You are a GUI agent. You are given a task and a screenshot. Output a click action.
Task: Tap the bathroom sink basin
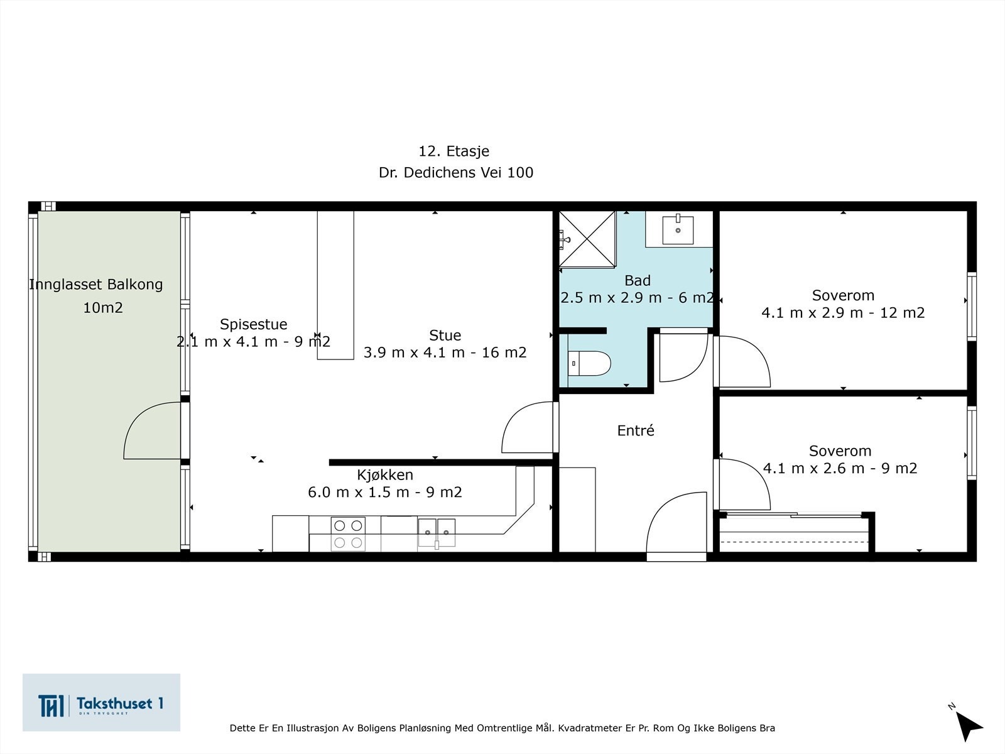click(678, 230)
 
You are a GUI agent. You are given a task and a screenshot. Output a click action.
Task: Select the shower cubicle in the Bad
click(587, 239)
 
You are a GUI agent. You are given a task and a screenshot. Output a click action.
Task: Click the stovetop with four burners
click(347, 534)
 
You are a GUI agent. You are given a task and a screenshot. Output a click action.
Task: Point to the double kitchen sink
click(437, 533)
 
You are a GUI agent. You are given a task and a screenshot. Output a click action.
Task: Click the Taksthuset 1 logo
click(101, 702)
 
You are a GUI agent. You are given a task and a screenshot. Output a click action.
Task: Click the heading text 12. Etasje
click(454, 151)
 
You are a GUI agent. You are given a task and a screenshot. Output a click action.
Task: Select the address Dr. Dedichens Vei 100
click(455, 172)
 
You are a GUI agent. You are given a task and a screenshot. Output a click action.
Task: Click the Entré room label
click(636, 430)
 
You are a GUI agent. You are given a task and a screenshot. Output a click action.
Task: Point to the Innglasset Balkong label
click(96, 284)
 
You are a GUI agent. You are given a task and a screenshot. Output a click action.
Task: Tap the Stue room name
click(445, 335)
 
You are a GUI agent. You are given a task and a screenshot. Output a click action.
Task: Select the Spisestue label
click(253, 324)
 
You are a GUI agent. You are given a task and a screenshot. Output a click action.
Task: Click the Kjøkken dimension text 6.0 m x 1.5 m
click(384, 492)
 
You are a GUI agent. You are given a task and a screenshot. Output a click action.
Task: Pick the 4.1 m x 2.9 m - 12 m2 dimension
click(843, 312)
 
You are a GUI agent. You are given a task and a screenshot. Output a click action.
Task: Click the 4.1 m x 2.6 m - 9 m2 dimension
click(840, 468)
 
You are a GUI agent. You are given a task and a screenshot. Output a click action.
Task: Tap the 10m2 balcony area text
click(103, 307)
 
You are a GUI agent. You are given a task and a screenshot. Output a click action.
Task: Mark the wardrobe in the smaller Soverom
click(795, 534)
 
